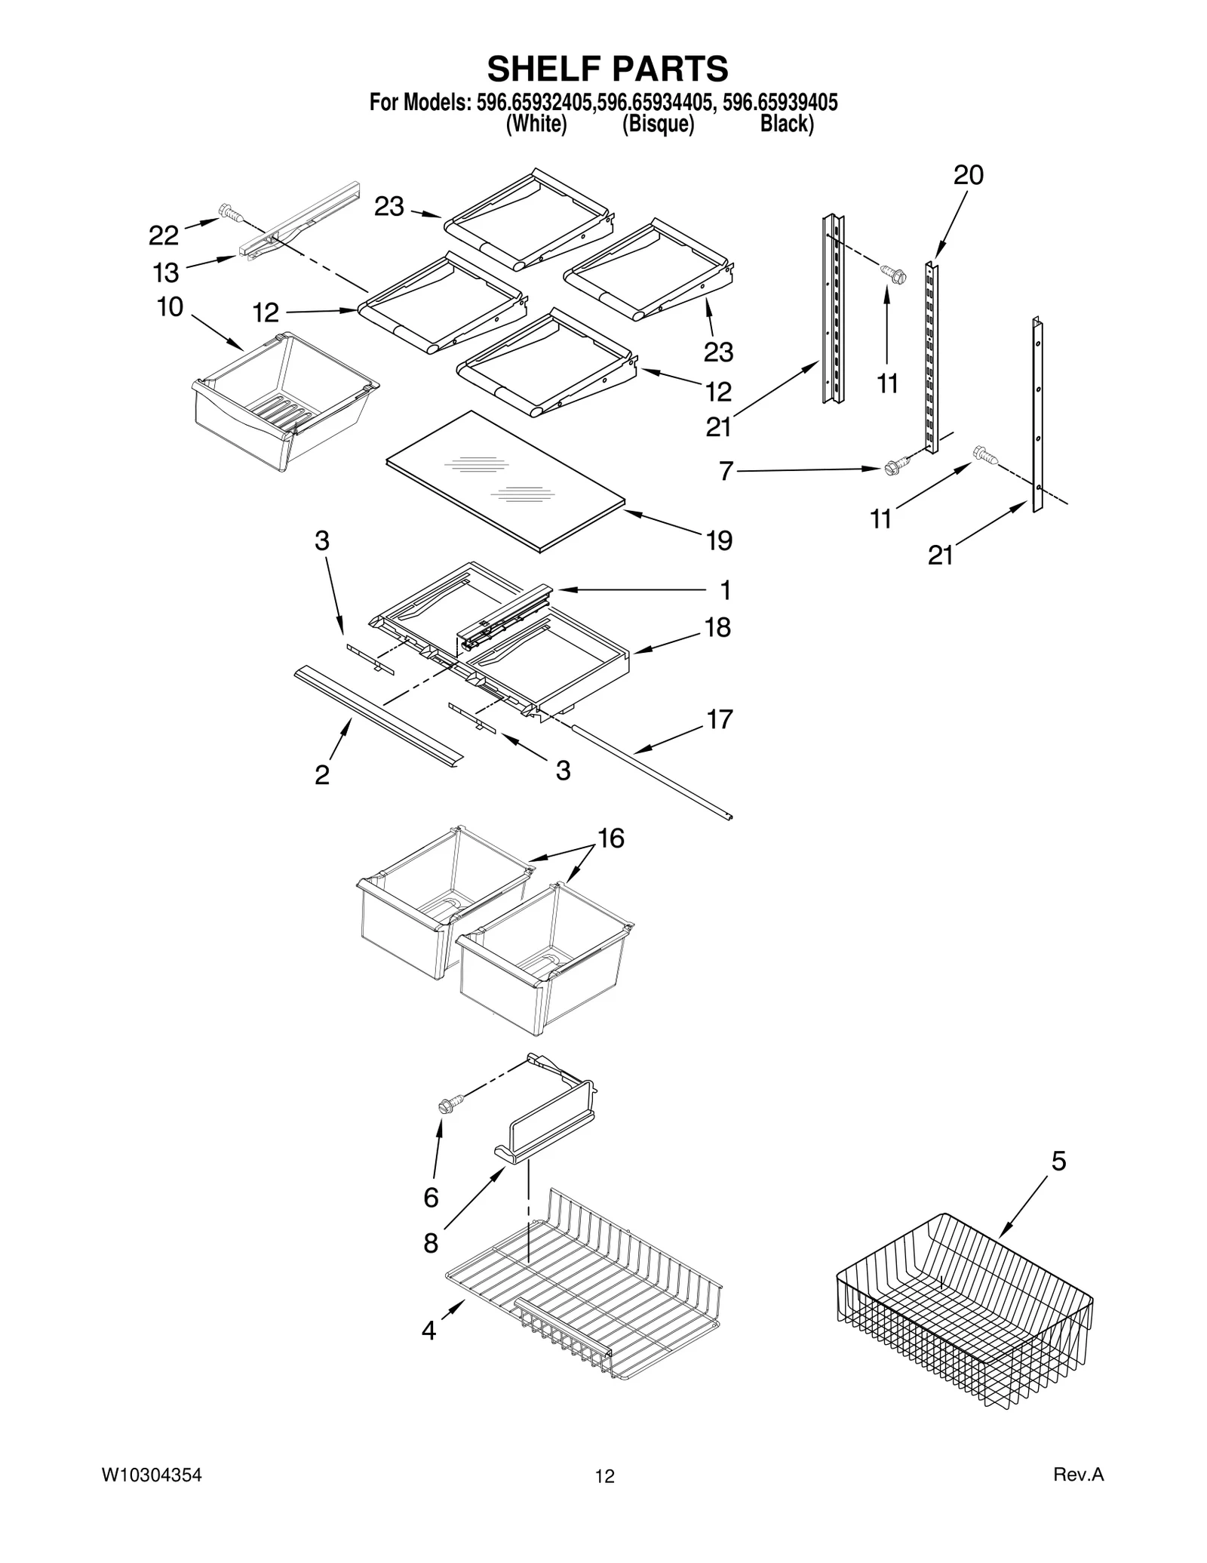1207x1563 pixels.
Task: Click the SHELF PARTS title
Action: coord(607,69)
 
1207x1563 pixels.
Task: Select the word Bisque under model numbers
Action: coord(658,124)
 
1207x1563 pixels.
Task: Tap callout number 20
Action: coord(968,175)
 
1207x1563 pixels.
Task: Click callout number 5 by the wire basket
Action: coord(1058,1161)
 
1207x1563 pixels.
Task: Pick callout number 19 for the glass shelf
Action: coord(719,540)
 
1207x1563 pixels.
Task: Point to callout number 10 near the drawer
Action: coord(170,307)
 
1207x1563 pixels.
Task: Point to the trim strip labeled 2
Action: coord(377,714)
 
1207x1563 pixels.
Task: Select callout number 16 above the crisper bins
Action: coord(611,838)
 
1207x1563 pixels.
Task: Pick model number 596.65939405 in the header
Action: coord(780,103)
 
